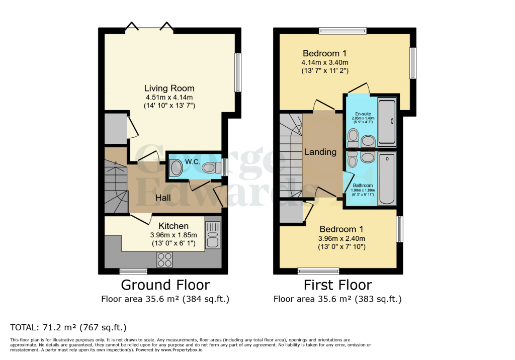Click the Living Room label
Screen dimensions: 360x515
click(x=169, y=88)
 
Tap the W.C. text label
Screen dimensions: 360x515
click(x=193, y=161)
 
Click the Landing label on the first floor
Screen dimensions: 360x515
click(x=320, y=152)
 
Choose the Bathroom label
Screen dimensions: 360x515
click(x=362, y=186)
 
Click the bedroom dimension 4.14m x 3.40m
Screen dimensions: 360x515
click(x=325, y=62)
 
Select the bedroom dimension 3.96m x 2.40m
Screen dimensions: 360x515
click(x=341, y=238)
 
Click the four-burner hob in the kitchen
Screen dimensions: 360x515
click(x=164, y=259)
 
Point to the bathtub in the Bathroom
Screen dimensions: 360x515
click(x=387, y=179)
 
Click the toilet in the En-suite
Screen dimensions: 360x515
click(x=353, y=136)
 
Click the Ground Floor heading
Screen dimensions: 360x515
click(x=165, y=285)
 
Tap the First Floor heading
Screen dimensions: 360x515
click(x=337, y=285)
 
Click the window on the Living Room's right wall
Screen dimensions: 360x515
click(x=238, y=72)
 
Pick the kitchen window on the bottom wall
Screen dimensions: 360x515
click(x=133, y=271)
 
